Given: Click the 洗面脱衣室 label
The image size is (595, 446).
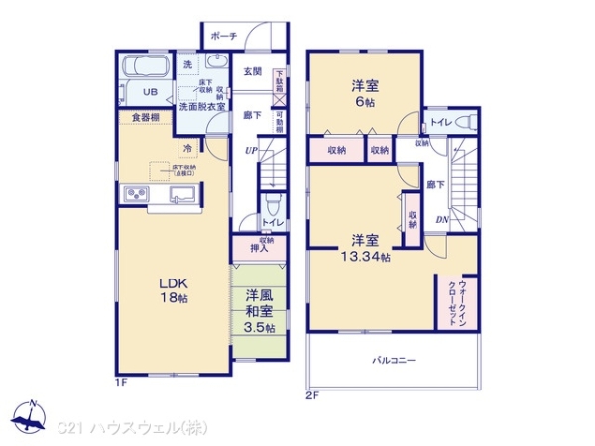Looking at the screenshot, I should (202, 106).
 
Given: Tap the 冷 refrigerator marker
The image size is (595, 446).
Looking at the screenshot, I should (188, 148).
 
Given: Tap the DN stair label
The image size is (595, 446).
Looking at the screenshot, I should (443, 220).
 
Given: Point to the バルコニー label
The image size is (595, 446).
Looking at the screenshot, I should (394, 360).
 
